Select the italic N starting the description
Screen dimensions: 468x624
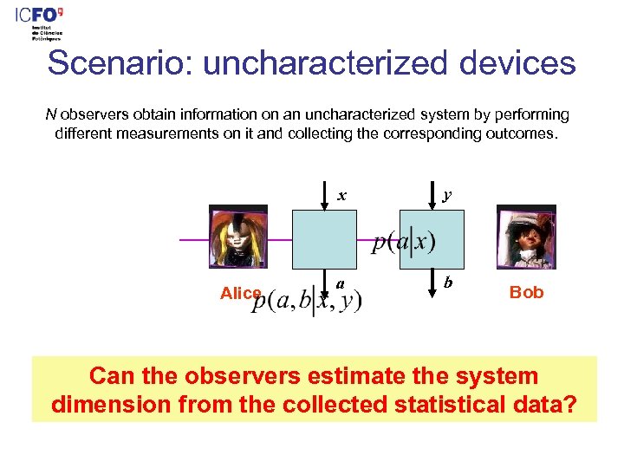[50, 114]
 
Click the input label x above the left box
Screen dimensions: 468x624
[341, 195]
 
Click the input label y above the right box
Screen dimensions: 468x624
[445, 195]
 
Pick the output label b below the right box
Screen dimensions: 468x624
[447, 283]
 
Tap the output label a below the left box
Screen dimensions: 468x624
[341, 283]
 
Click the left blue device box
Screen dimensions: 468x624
[323, 238]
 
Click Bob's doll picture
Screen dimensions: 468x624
[525, 237]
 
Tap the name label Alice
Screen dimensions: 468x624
[240, 293]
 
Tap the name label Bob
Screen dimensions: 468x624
[526, 292]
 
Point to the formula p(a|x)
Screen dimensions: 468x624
[404, 244]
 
